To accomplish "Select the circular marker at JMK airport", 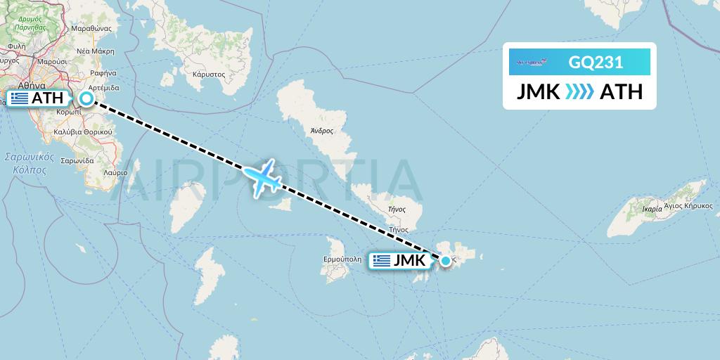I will click(446, 261).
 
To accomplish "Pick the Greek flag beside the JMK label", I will click(382, 261).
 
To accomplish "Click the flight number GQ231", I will click(596, 63).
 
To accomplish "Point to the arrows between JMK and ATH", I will click(579, 91).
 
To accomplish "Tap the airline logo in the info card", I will click(531, 63).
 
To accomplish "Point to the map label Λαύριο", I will click(115, 172).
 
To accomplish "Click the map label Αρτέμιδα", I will click(103, 88).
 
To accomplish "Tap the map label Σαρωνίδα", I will click(77, 160).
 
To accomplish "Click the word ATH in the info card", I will click(621, 91).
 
